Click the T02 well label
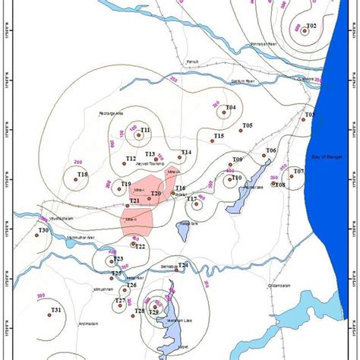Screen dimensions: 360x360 click(x=310, y=27)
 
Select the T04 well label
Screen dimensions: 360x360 click(x=230, y=108)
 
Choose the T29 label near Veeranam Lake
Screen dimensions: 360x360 click(x=153, y=312)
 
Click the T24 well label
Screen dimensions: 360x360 click(x=184, y=264)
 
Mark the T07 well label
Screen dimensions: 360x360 click(x=298, y=172)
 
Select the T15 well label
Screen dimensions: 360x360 click(x=219, y=136)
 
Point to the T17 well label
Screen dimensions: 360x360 click(x=192, y=199)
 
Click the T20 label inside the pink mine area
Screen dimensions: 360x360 click(x=156, y=194)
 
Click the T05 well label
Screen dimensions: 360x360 click(x=247, y=125)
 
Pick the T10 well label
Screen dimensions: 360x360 click(x=236, y=178)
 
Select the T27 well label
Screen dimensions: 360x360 click(x=120, y=301)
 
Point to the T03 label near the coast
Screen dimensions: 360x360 click(x=310, y=115)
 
